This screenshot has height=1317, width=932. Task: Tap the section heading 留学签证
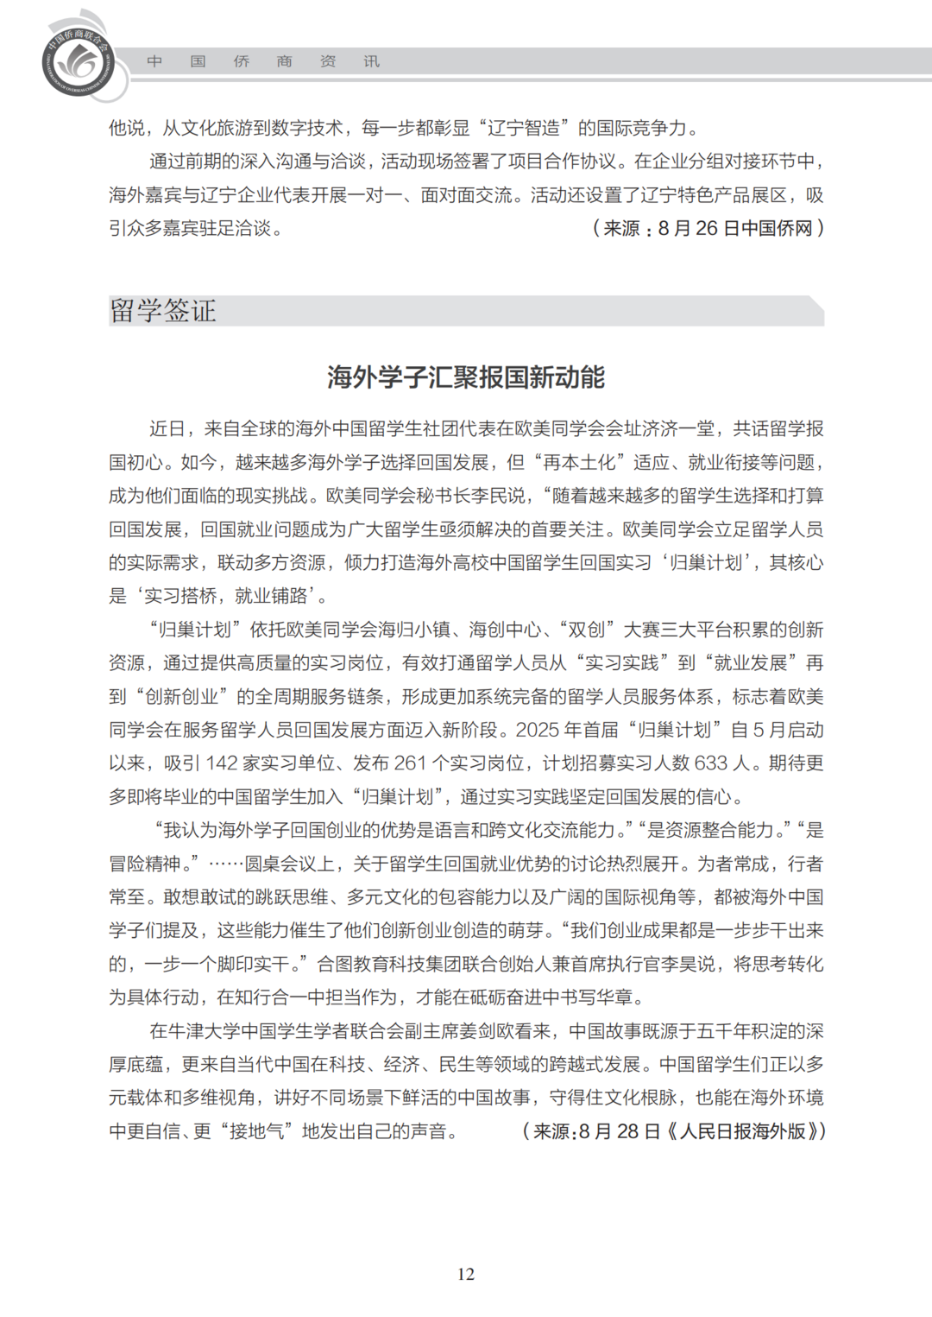point(163,311)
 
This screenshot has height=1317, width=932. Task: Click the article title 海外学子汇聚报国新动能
point(466,377)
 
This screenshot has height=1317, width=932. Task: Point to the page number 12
point(466,1274)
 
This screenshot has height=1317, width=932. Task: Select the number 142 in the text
point(222,763)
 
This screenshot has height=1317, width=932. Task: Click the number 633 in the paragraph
point(710,763)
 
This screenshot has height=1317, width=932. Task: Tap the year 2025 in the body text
point(538,730)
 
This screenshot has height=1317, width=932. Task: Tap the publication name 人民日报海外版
point(742,1131)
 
